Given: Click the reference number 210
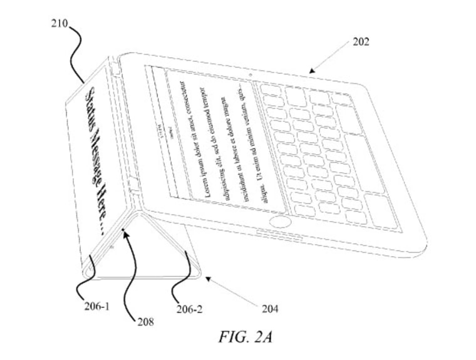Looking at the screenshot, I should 60,23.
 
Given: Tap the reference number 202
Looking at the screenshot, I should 361,43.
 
